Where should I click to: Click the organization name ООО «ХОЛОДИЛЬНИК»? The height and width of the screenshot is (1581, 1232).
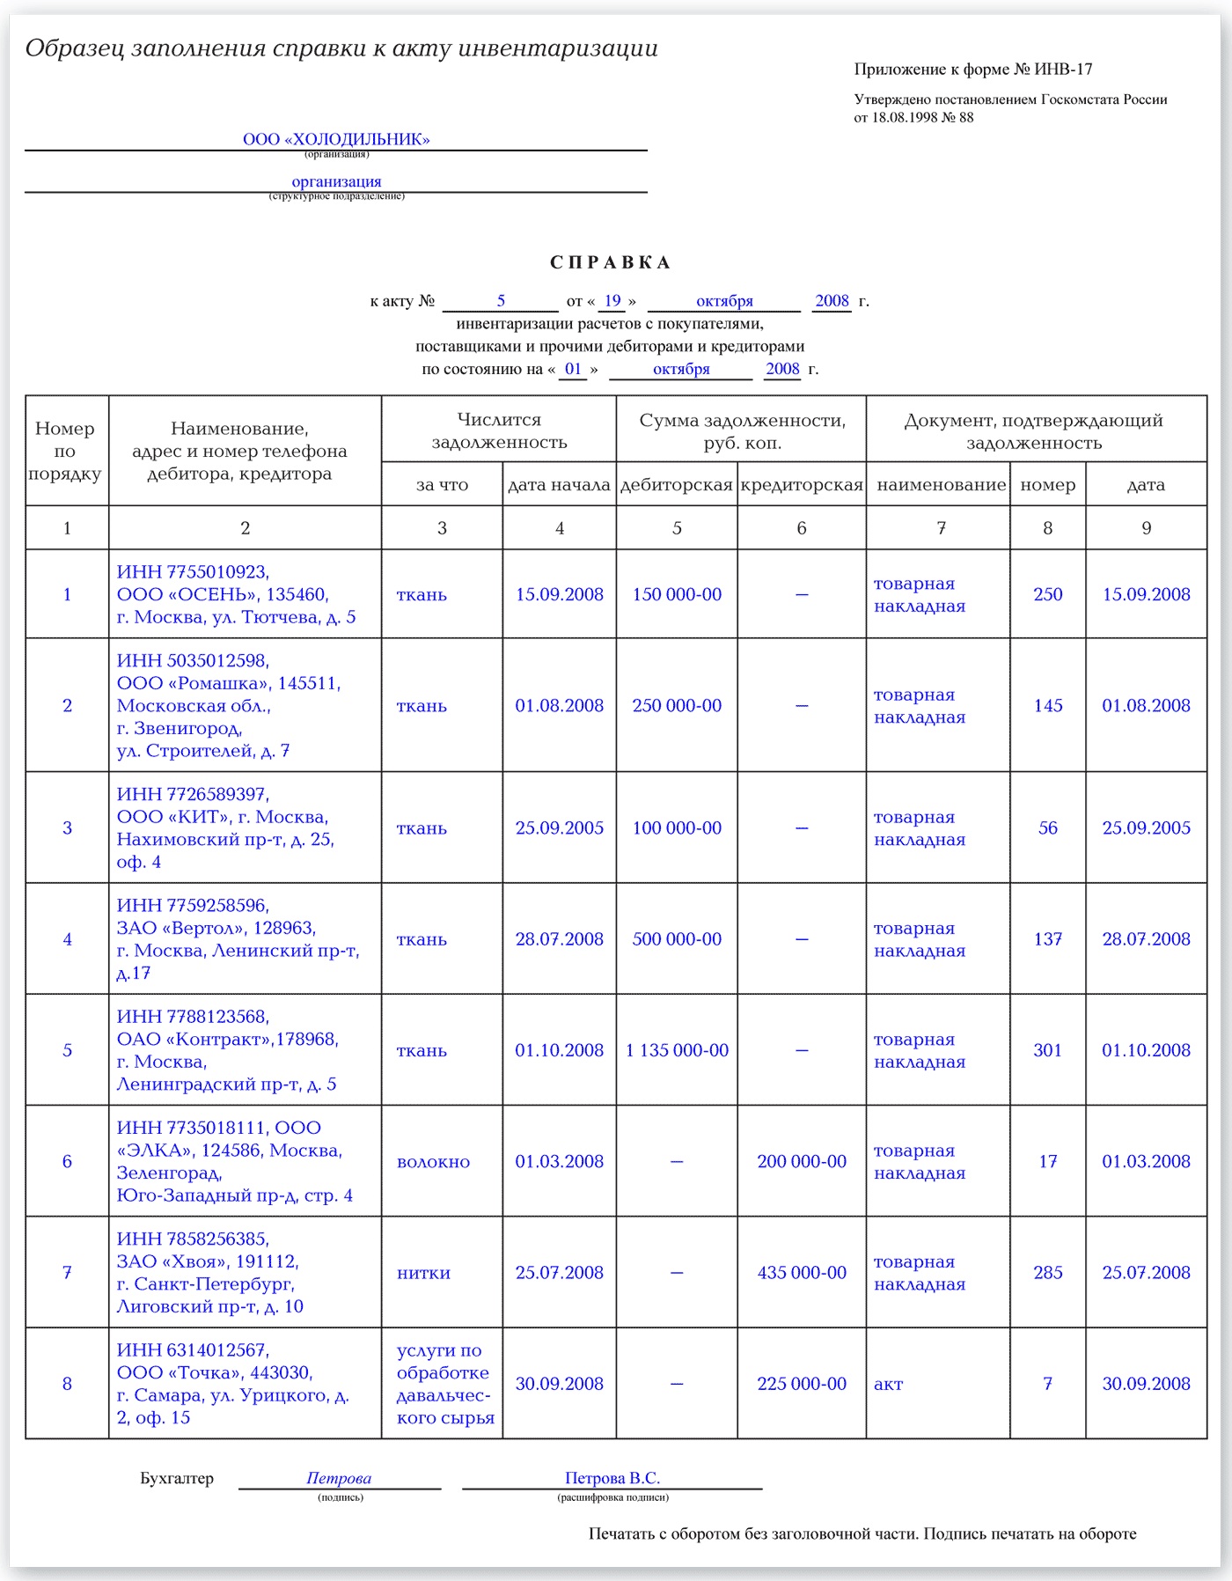(x=336, y=139)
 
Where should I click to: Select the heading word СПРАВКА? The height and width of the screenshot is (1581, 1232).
(x=610, y=262)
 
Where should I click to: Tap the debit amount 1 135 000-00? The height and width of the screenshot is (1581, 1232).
(x=677, y=1050)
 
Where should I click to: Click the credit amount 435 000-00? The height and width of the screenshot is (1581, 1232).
(x=802, y=1272)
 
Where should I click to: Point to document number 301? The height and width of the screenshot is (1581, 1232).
(x=1047, y=1050)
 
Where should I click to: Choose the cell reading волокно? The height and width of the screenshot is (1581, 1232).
(x=433, y=1162)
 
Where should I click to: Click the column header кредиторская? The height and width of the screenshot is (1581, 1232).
(x=802, y=485)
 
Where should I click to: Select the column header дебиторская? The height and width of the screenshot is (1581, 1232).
(x=677, y=485)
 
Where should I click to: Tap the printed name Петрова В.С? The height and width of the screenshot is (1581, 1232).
(x=612, y=1478)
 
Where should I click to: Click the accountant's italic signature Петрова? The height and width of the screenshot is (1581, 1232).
(x=339, y=1478)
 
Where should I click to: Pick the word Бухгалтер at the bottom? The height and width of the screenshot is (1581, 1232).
(x=177, y=1478)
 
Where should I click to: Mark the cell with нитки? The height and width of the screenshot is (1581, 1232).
(x=423, y=1273)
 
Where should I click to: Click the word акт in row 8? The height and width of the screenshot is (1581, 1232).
(x=888, y=1384)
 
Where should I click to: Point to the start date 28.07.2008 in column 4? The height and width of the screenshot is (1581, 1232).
(x=560, y=939)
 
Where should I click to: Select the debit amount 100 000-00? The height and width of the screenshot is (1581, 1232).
(x=677, y=827)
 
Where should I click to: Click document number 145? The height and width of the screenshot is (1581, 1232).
(x=1047, y=705)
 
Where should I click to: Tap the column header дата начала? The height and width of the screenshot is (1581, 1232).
(x=559, y=485)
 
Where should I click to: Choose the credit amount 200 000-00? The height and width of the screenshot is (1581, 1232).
(x=802, y=1161)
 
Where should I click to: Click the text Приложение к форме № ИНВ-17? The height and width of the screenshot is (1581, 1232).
(x=973, y=70)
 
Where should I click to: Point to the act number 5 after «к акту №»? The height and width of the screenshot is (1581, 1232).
(x=501, y=301)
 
